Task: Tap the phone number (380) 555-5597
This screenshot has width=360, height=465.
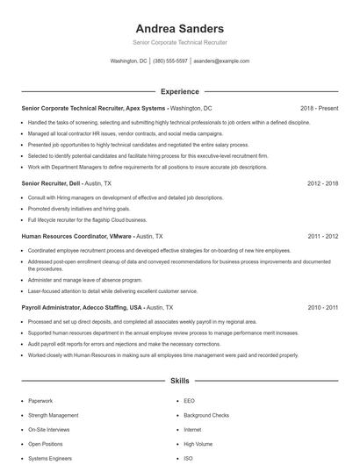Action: point(170,61)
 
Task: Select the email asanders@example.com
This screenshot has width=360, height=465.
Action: point(221,61)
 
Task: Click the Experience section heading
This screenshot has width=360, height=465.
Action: point(179,91)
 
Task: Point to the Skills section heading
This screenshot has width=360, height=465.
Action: point(179,382)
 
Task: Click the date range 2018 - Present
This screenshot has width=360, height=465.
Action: point(319,108)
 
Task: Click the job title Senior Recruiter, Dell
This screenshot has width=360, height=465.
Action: point(51,184)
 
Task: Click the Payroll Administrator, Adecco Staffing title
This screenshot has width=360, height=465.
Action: point(82,308)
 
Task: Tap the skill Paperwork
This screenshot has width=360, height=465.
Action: point(41,400)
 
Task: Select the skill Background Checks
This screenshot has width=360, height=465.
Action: point(206,415)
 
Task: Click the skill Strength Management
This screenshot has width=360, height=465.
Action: point(53,415)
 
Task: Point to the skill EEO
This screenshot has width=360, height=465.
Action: point(189,400)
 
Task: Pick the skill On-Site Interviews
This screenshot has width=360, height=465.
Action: point(49,430)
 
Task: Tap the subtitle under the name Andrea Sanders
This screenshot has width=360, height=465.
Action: point(179,41)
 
